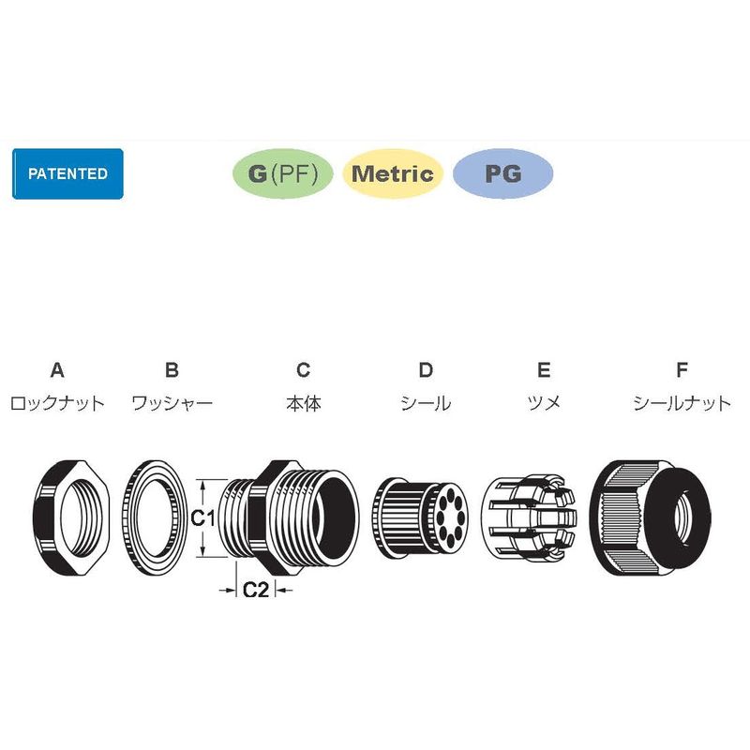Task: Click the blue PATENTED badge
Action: pyautogui.click(x=67, y=173)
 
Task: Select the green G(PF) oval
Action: pyautogui.click(x=283, y=173)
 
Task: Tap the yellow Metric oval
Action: pyautogui.click(x=393, y=173)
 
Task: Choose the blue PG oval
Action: pyautogui.click(x=502, y=173)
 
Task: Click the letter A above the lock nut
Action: pyautogui.click(x=57, y=369)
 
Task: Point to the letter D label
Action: pyautogui.click(x=426, y=369)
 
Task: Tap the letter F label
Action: pyautogui.click(x=682, y=369)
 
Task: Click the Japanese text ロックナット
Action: pyautogui.click(x=57, y=403)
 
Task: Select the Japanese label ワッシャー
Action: pyautogui.click(x=172, y=403)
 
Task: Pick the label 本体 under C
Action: pyautogui.click(x=304, y=403)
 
